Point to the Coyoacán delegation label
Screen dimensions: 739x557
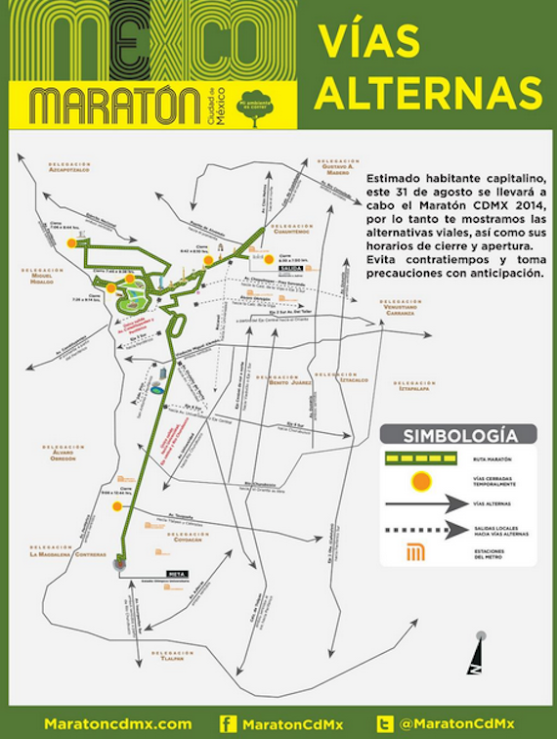186,534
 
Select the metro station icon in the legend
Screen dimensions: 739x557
416,553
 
